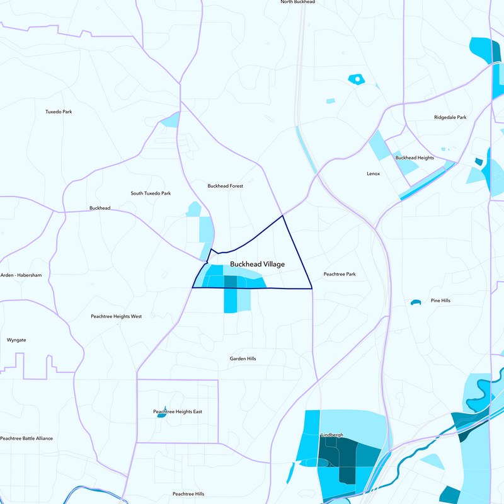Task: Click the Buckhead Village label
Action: [x=257, y=265]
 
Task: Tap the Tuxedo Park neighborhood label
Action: [x=59, y=112]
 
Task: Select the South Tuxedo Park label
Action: [x=151, y=193]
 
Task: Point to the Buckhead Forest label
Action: [x=225, y=186]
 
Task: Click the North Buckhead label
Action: [x=297, y=3]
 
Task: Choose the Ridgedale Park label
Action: [x=450, y=117]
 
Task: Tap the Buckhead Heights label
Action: [x=414, y=157]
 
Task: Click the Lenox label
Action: [x=373, y=173]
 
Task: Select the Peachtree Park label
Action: [x=340, y=274]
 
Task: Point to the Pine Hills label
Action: [x=440, y=301]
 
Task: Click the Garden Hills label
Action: [x=243, y=358]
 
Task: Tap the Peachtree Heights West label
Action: [x=117, y=316]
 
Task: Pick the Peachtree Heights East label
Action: [x=178, y=411]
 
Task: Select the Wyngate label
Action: [x=16, y=340]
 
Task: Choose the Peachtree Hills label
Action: [x=188, y=494]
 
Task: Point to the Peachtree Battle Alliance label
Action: [x=26, y=438]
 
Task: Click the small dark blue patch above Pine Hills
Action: [x=415, y=303]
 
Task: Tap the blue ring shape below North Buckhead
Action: [x=357, y=79]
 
